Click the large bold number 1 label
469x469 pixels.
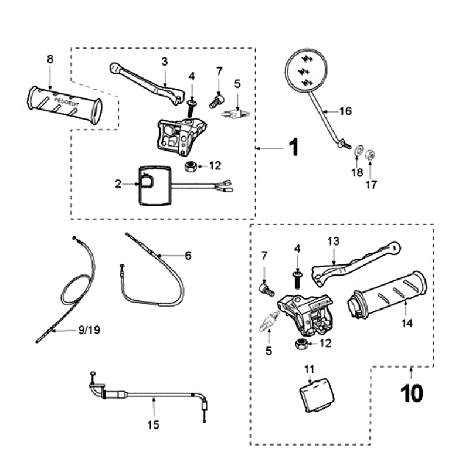[x=294, y=147]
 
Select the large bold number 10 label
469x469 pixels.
[x=412, y=393]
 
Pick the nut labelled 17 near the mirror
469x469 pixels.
[x=371, y=155]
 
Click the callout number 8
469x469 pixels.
[x=50, y=59]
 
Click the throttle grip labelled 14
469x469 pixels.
[x=388, y=295]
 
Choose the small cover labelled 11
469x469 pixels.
[x=317, y=395]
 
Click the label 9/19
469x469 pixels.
[x=89, y=329]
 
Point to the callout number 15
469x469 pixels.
[x=154, y=424]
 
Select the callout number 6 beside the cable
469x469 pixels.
[x=188, y=256]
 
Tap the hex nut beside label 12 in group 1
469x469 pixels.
[x=189, y=166]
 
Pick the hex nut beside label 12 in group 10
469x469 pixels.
[x=301, y=344]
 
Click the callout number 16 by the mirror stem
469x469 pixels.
[x=345, y=111]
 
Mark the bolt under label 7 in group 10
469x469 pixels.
[x=266, y=289]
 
